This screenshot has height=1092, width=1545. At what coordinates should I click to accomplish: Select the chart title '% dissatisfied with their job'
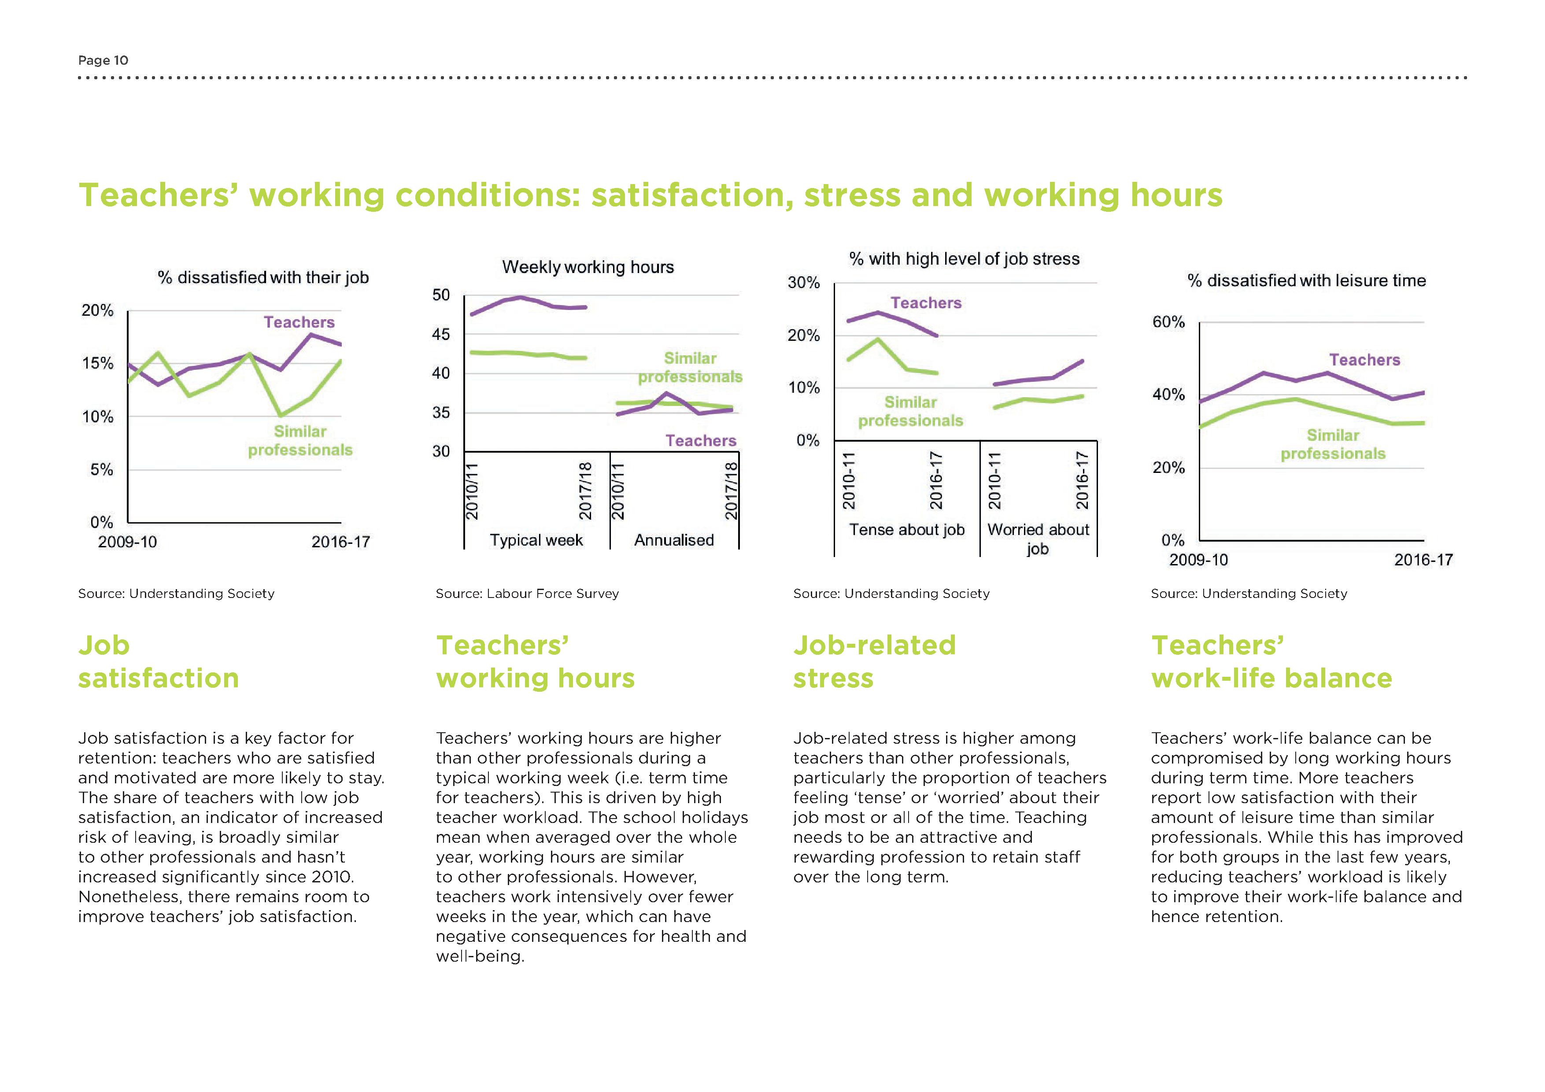(263, 278)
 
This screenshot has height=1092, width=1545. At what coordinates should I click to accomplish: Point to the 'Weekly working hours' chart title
(588, 267)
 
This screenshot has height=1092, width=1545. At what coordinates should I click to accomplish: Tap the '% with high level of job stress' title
(964, 259)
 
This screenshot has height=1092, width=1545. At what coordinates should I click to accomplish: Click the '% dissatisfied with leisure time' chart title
(1306, 280)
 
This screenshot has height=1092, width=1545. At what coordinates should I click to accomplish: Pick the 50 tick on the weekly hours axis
(441, 295)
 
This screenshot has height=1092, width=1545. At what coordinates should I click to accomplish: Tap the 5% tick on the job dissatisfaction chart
(102, 470)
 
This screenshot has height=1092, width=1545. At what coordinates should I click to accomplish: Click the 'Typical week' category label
(536, 540)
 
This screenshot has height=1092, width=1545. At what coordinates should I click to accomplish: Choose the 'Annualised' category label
(673, 540)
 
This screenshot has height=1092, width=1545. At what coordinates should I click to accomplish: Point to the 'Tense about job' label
(906, 530)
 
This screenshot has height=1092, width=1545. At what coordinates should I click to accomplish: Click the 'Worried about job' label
(1038, 539)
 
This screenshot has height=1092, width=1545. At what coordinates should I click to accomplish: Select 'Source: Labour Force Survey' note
(527, 594)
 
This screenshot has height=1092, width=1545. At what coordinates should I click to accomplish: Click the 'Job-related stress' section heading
(874, 661)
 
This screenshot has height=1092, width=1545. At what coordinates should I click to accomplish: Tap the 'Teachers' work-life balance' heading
(1271, 661)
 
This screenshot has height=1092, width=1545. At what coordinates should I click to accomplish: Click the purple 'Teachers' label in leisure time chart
(1364, 360)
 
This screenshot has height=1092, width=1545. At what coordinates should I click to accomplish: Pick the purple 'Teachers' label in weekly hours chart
(701, 441)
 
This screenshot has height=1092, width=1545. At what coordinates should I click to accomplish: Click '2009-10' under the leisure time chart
(1198, 560)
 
